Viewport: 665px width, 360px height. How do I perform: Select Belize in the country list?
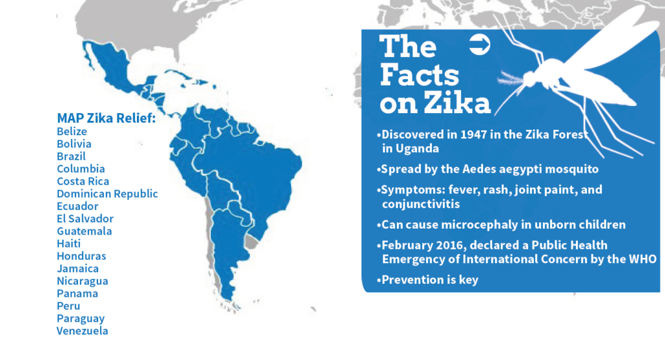click(71, 131)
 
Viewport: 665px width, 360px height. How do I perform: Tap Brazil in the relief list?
click(71, 157)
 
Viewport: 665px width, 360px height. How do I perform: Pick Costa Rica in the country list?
click(83, 181)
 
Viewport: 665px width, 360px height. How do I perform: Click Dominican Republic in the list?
click(107, 194)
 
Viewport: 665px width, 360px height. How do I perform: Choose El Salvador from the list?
click(85, 219)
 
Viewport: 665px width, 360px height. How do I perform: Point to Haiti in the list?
click(68, 244)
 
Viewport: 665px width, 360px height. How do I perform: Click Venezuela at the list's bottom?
click(82, 331)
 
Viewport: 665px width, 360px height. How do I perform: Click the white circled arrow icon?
click(479, 44)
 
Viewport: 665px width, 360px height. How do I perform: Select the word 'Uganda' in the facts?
click(421, 149)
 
